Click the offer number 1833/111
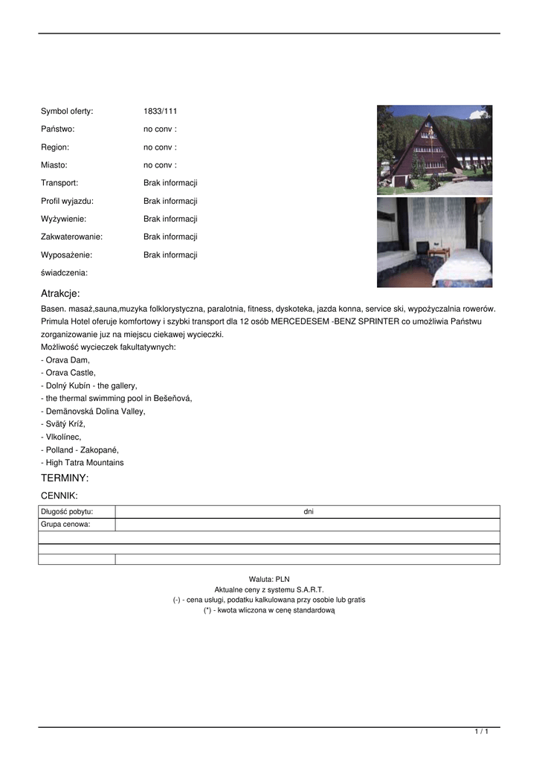[160, 112]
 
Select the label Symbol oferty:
[67, 112]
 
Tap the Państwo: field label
[58, 129]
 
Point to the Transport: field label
[59, 183]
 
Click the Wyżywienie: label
[63, 219]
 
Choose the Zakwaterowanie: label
[71, 237]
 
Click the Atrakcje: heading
[60, 293]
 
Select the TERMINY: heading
[65, 478]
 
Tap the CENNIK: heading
[59, 495]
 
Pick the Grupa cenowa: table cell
[65, 524]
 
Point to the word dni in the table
[309, 511]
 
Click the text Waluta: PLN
[269, 578]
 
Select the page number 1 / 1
[481, 732]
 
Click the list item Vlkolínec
[63, 437]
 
